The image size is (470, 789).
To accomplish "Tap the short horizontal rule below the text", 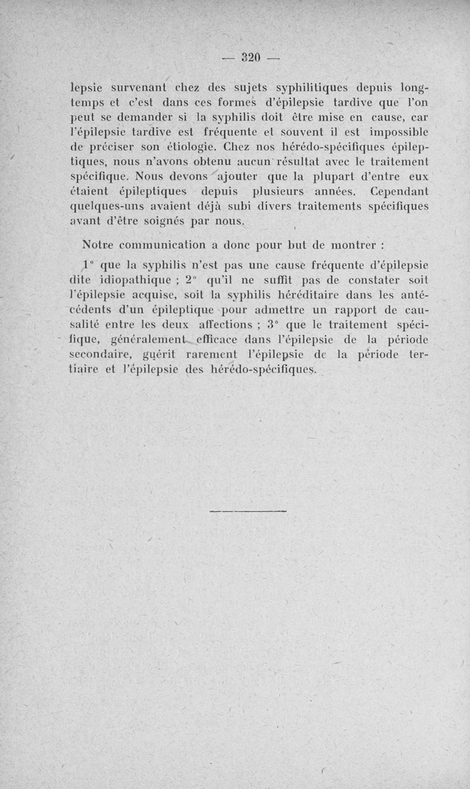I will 249,512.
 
